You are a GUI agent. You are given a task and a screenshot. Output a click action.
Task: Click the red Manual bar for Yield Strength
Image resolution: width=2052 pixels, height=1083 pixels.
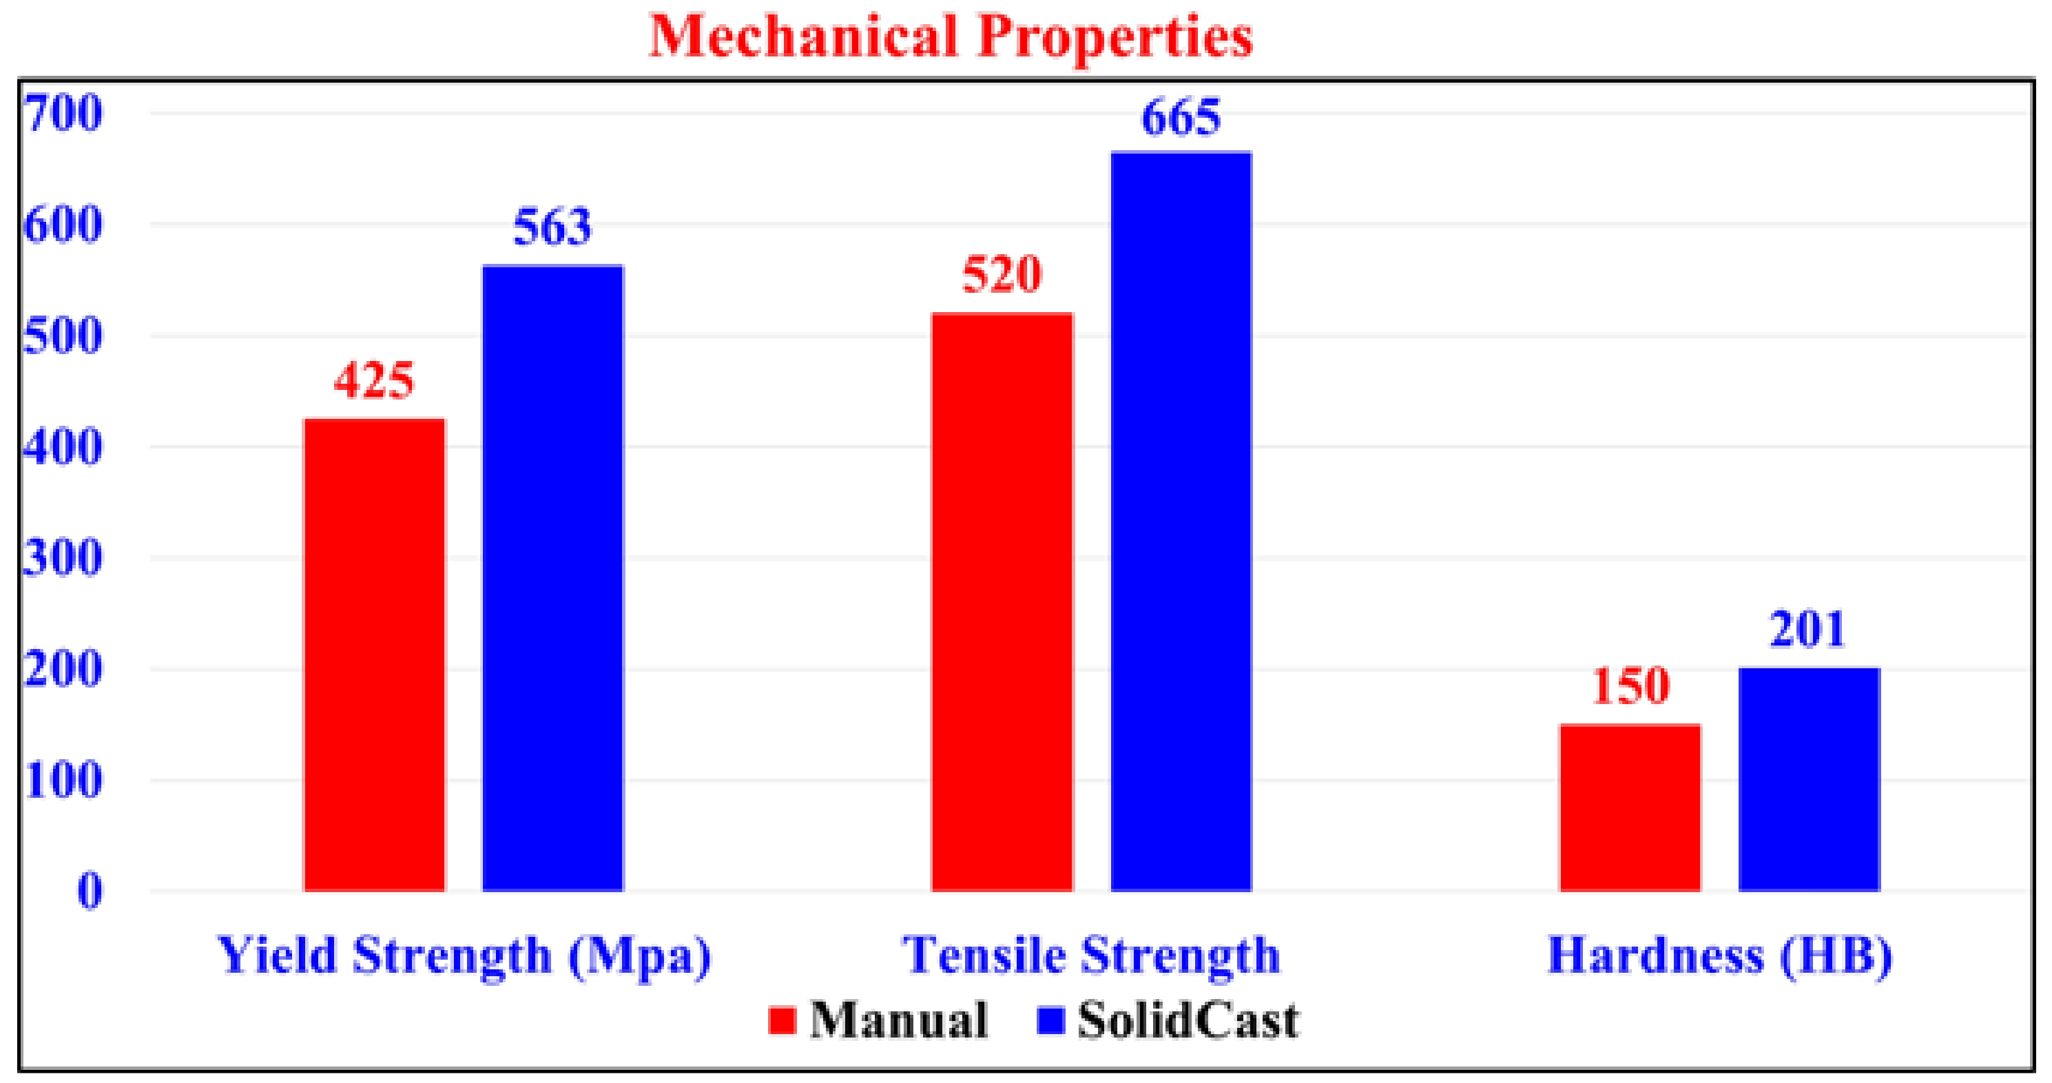[375, 654]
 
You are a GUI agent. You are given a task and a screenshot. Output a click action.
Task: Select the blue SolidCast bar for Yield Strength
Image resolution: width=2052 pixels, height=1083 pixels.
[553, 578]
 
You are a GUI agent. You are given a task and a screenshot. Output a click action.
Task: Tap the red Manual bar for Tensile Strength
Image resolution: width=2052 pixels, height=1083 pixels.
[1002, 601]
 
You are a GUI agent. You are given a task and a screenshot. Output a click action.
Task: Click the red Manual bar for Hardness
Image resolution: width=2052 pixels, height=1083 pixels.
[1630, 807]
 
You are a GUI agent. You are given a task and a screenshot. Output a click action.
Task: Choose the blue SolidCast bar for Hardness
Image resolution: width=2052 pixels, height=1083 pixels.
[1809, 778]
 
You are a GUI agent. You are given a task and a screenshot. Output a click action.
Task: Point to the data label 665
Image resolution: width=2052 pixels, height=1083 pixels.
[1181, 118]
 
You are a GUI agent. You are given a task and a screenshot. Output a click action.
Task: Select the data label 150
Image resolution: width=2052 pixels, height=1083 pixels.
[1630, 685]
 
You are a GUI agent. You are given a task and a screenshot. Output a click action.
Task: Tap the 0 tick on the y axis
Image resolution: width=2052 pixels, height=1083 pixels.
[90, 890]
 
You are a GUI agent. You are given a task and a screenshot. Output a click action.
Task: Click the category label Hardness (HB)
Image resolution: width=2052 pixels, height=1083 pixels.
[1719, 955]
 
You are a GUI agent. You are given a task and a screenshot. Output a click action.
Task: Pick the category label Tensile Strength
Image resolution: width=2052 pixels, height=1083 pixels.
[1090, 955]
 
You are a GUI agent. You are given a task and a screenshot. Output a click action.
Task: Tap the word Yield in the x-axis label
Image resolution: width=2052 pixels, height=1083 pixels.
[276, 955]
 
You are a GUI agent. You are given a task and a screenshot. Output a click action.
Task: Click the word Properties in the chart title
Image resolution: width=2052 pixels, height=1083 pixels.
[1115, 37]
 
